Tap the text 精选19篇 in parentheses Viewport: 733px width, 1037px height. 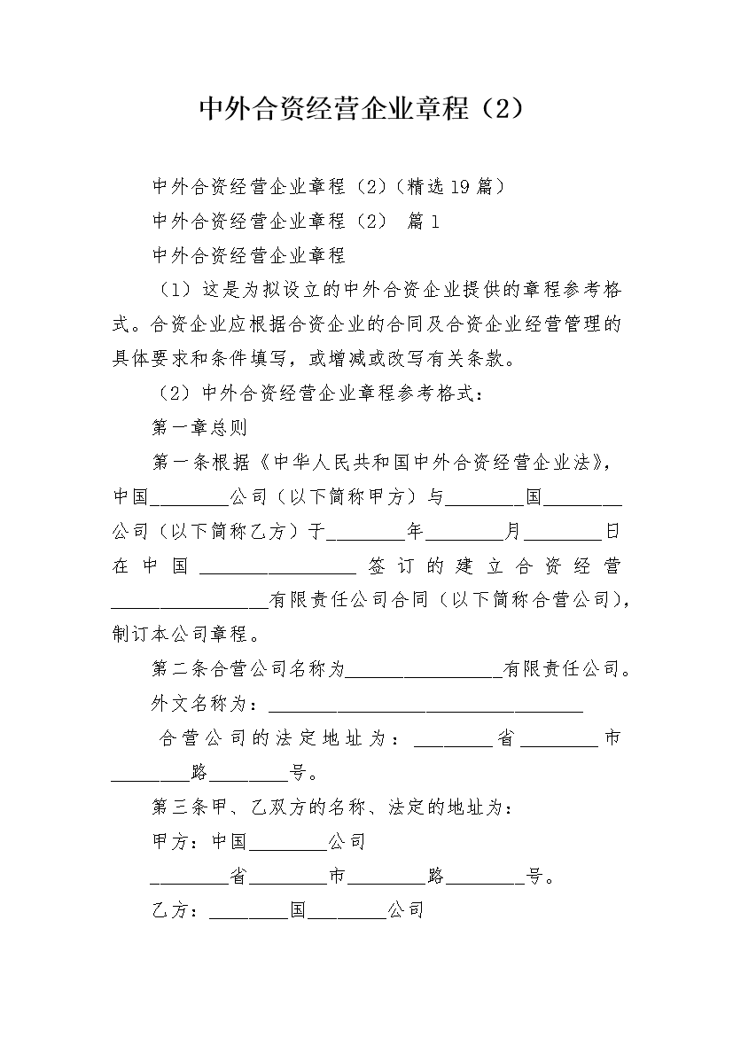tap(451, 186)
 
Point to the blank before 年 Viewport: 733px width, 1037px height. tap(366, 532)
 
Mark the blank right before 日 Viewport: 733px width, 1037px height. tap(564, 532)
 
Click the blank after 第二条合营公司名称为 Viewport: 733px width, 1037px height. tap(424, 671)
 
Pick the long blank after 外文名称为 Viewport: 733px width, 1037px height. tap(425, 706)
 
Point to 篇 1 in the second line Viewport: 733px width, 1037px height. tap(423, 222)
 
